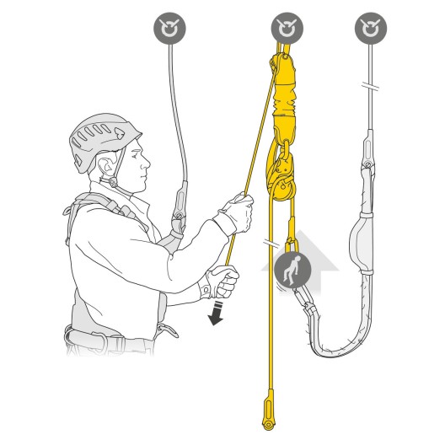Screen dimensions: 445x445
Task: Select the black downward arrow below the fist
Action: pos(217,314)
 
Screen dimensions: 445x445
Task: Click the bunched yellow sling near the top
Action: pos(284,101)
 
